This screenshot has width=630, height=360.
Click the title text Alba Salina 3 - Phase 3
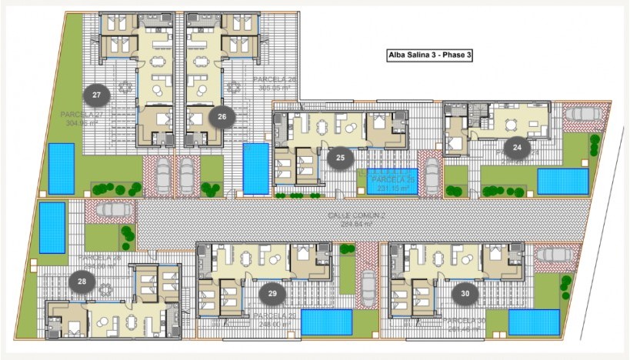tap(428, 55)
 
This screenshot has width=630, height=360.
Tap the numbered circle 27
tap(97, 95)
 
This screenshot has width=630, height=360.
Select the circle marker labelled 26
tap(222, 117)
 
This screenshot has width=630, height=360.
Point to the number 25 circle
tap(339, 158)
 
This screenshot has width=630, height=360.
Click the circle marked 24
tap(517, 147)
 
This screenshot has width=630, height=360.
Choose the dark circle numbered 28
tap(82, 282)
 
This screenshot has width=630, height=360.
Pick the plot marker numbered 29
tap(272, 293)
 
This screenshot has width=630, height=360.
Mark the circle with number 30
tap(465, 293)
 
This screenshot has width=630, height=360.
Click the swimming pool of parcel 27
tap(62, 168)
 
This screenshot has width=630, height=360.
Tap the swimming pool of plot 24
tap(562, 182)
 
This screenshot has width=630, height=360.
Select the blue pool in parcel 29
tap(326, 322)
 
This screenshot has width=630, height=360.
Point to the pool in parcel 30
tap(534, 322)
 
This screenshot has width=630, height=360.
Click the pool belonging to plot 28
tap(52, 227)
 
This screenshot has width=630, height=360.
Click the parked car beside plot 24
tap(582, 114)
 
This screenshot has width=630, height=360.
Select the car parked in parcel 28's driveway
tap(113, 210)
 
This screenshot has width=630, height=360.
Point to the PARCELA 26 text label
tap(275, 79)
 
